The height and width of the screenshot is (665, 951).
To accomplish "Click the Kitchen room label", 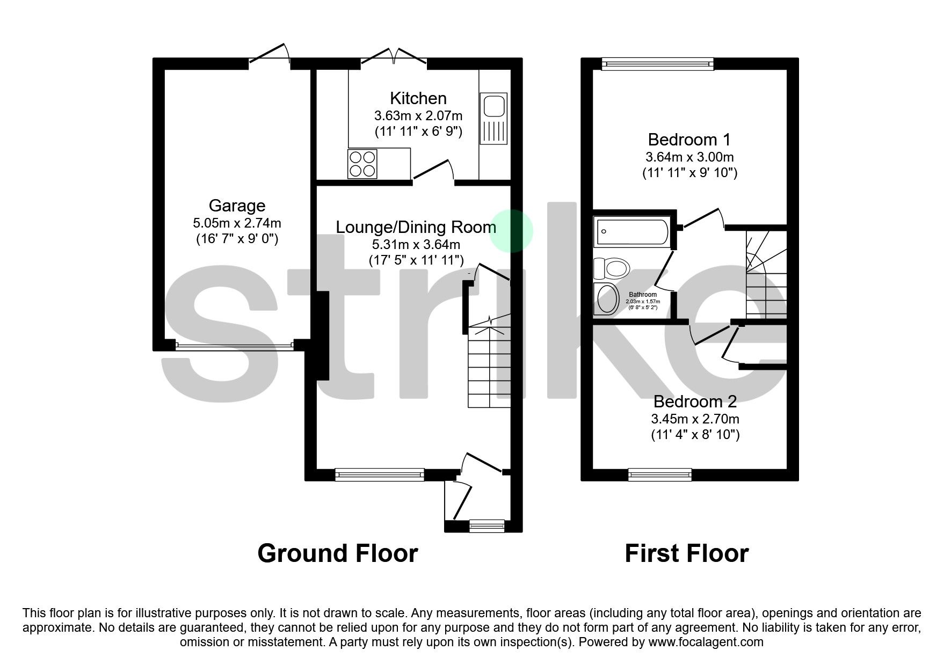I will coord(418,99).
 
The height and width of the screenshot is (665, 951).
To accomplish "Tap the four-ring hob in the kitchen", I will coord(362,164).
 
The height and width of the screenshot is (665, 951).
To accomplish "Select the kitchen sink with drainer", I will coord(493,119).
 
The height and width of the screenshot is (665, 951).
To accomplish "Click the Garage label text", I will coord(237,206).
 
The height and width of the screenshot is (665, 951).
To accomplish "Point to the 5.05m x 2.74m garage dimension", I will coord(237,223).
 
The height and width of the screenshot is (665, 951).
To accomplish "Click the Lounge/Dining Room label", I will coord(416,227).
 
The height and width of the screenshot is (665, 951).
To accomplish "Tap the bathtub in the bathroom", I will coord(632,232).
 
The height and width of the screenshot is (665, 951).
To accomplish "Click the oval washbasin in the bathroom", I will coord(608,298).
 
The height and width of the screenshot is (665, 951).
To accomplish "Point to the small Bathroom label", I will coord(643,295).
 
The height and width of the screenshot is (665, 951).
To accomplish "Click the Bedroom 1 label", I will coord(689,140).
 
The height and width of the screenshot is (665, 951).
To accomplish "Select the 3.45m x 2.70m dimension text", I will coord(695,419).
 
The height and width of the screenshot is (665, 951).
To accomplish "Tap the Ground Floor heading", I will coord(337,553).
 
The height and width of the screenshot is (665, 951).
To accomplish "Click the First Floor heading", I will coord(686,553).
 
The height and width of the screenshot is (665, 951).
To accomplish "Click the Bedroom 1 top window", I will coord(657,64).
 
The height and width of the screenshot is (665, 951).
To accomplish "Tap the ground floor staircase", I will coord(489,365).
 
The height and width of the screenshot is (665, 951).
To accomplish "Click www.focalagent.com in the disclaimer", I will coord(706,642).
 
